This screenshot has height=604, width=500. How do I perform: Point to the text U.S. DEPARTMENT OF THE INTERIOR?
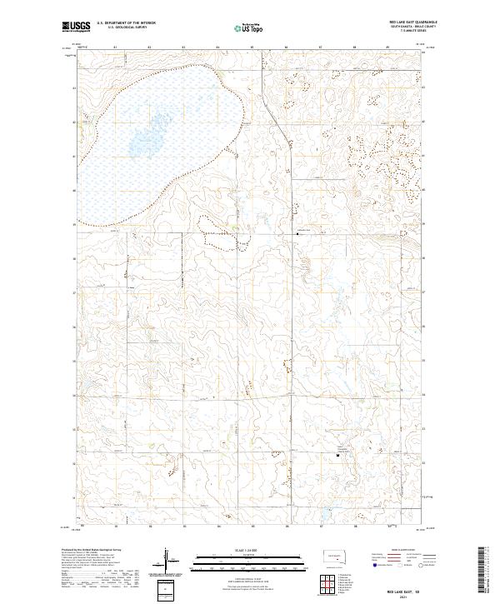point(127,22)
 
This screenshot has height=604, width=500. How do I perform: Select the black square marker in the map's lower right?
point(337,456)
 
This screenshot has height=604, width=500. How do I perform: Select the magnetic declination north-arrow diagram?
point(166,560)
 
